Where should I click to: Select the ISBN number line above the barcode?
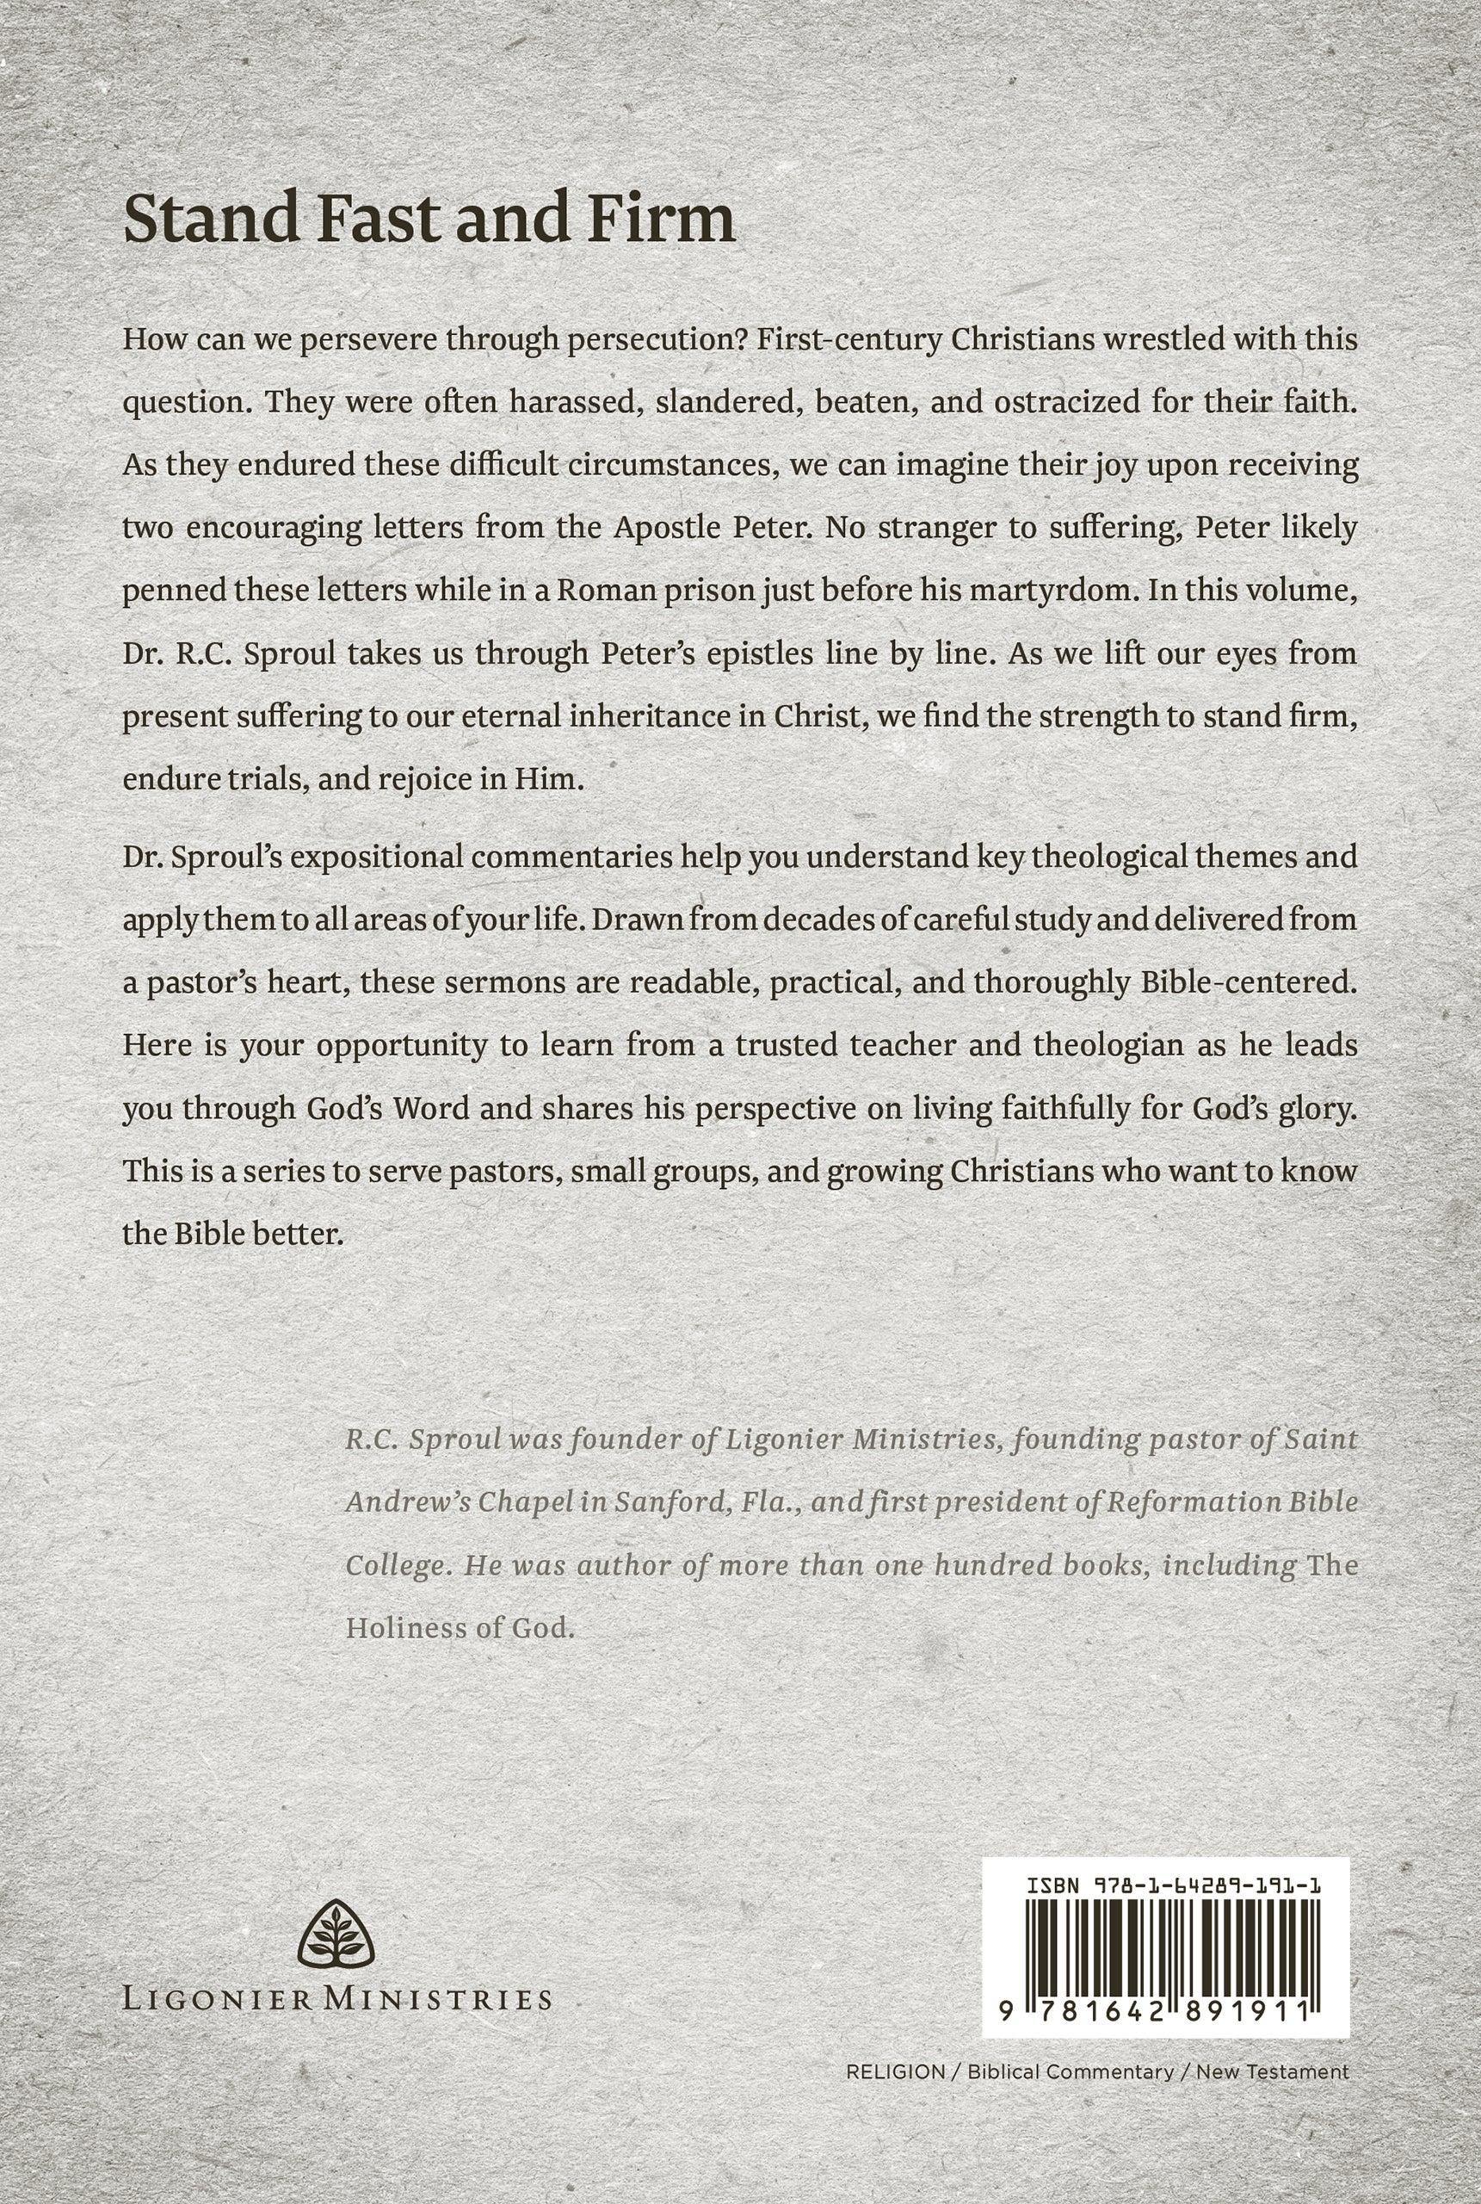pyautogui.click(x=1173, y=1885)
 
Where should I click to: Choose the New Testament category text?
pyautogui.click(x=1272, y=2071)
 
